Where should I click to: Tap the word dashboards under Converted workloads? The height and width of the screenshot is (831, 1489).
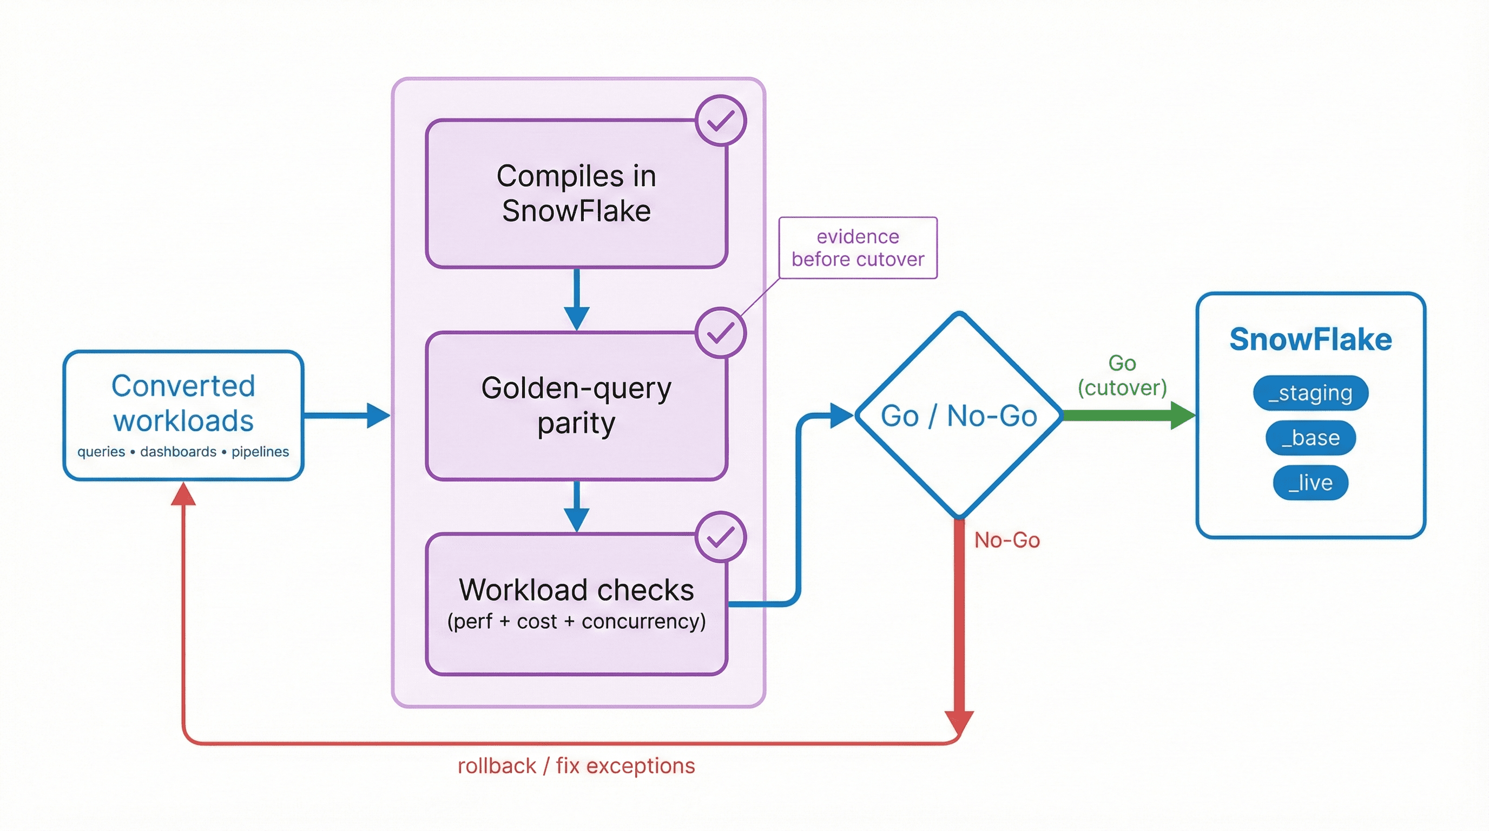[178, 452]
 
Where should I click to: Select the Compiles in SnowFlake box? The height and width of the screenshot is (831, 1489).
[576, 193]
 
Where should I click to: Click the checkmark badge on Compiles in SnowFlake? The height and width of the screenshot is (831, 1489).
[720, 121]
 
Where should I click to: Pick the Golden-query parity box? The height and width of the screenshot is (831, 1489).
[576, 405]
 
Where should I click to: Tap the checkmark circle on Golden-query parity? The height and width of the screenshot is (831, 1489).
[720, 333]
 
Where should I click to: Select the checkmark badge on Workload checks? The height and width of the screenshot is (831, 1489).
[720, 537]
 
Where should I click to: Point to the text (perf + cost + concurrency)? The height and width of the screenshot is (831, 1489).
[576, 621]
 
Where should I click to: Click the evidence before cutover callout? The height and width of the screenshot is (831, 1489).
[858, 248]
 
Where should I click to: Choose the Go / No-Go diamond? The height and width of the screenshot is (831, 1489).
[958, 415]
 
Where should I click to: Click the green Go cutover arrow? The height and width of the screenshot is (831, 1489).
[1127, 415]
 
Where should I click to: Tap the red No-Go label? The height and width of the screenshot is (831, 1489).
[1007, 540]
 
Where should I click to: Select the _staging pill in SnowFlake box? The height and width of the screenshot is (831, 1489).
[1310, 393]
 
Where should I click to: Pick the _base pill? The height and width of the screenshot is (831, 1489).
[1310, 438]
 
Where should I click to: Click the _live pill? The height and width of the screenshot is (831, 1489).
[1310, 483]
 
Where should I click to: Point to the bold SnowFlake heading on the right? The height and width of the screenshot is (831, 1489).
[1310, 339]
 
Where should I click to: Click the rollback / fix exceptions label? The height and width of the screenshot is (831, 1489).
[576, 766]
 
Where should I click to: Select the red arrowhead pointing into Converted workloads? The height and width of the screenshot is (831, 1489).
[183, 494]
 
